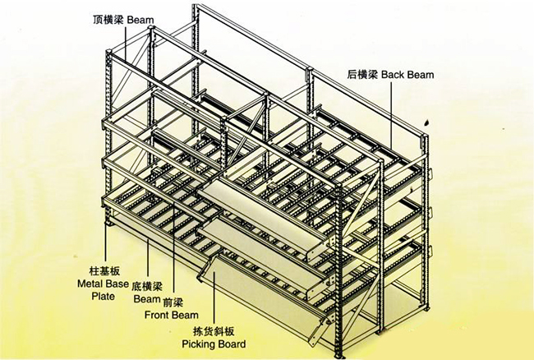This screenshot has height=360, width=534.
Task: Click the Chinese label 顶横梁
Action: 108,20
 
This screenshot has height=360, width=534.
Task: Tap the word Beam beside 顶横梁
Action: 140,20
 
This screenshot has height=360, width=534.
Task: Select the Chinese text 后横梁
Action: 362,75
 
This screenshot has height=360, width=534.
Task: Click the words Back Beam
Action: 407,75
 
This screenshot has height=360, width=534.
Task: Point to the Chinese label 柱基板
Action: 104,271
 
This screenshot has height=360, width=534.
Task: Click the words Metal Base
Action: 103,284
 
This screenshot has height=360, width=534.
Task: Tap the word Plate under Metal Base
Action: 103,296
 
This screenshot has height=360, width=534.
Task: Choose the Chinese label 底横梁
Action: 147,286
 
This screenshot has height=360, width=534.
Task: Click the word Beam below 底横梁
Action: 147,299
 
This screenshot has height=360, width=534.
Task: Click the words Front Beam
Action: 172,315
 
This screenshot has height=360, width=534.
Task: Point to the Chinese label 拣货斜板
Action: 214,331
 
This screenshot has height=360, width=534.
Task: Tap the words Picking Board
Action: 214,344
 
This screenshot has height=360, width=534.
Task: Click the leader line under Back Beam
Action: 391,116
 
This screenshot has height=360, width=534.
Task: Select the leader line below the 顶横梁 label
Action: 126,44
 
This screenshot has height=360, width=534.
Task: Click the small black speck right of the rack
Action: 426,122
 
